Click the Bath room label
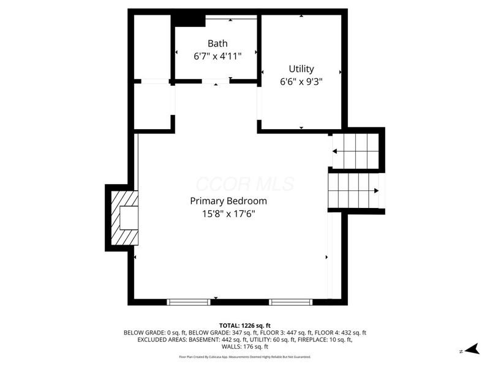click(x=217, y=43)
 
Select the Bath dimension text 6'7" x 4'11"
click(x=217, y=56)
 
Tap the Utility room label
click(x=301, y=69)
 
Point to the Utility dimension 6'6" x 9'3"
click(x=301, y=82)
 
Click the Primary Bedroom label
click(x=228, y=201)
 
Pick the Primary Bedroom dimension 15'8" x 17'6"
click(x=228, y=214)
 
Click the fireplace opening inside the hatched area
click(x=129, y=218)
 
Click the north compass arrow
click(x=472, y=349)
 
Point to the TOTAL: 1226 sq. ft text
click(x=244, y=326)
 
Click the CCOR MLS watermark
click(x=245, y=184)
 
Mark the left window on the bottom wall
click(x=189, y=302)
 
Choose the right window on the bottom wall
click(x=290, y=302)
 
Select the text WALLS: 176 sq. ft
click(x=244, y=347)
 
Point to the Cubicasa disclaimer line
click(x=244, y=357)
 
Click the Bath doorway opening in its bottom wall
click(x=216, y=81)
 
